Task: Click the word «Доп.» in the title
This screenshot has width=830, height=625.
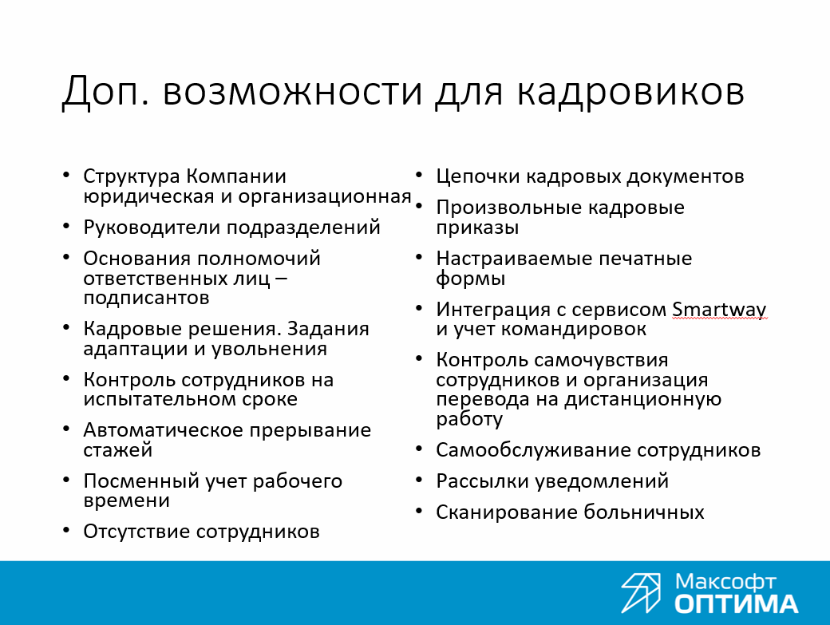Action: tap(103, 92)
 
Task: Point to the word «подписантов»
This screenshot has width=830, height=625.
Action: tap(146, 298)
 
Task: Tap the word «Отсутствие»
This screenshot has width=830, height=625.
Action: tap(136, 532)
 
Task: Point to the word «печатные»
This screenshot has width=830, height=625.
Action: tap(645, 259)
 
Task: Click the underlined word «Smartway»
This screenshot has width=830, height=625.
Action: tap(719, 309)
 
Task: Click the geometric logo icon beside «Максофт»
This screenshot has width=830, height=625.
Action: tap(641, 592)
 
